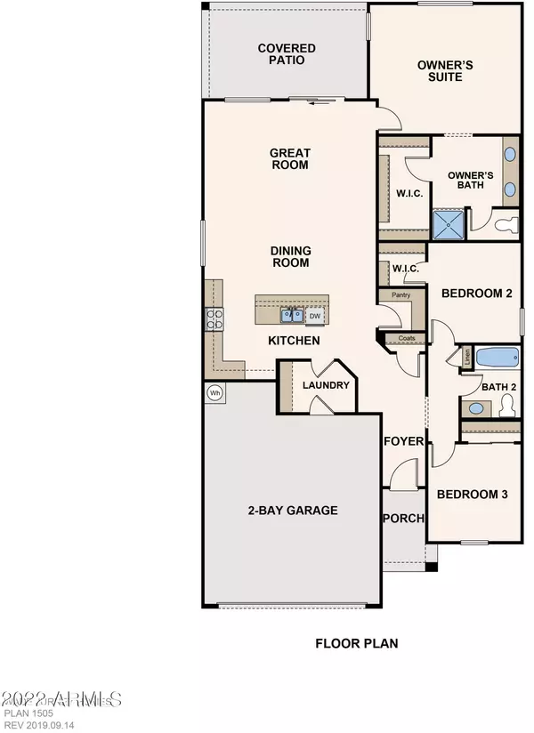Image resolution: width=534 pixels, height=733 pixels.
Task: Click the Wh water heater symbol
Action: [x=214, y=391]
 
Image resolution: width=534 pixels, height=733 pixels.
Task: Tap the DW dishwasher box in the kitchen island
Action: [x=314, y=316]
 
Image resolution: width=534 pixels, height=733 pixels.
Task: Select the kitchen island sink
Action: [x=291, y=315]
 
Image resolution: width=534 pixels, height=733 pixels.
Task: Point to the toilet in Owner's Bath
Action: [x=506, y=225]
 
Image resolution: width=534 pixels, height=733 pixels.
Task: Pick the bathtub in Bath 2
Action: [x=496, y=358]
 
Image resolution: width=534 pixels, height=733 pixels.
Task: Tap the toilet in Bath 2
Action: [x=508, y=406]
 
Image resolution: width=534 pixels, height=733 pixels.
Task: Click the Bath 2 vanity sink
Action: [x=477, y=407]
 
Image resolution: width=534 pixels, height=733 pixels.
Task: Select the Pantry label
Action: [x=393, y=294]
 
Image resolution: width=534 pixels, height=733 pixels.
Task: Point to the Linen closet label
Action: [x=465, y=357]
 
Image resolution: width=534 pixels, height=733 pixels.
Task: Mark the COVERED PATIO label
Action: [x=281, y=54]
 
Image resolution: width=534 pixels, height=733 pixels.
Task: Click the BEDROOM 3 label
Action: [x=472, y=494]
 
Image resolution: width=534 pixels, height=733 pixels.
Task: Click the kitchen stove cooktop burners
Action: [x=214, y=318]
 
